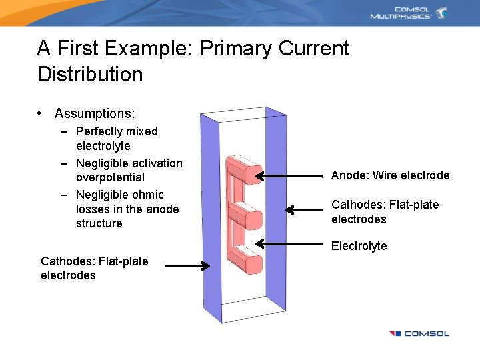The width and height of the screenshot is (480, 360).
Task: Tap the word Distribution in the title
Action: [x=90, y=74]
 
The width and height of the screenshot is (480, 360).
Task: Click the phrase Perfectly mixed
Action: [x=117, y=131]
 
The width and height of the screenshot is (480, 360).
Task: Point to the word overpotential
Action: [x=110, y=177]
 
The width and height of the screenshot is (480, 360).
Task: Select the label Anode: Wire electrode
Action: [x=390, y=175]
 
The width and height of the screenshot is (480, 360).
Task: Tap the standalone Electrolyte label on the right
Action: [x=359, y=246]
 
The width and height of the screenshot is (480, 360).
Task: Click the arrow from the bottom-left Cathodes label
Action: [x=187, y=267]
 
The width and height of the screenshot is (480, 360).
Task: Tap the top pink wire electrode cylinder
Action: [x=244, y=170]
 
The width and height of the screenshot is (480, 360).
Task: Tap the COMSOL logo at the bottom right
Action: [x=419, y=333]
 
